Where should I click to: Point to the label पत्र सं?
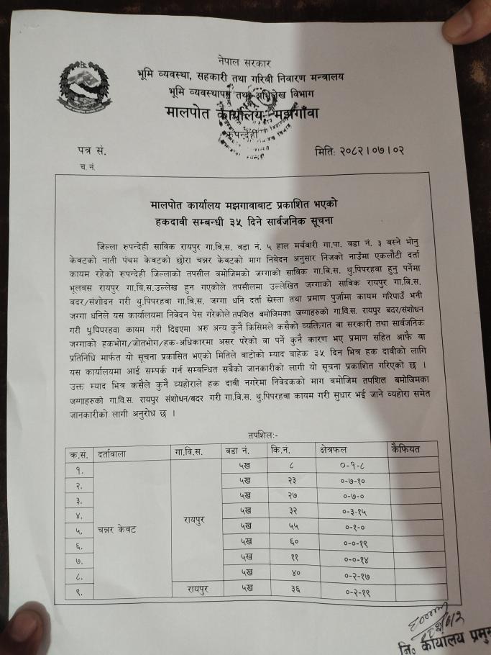click(x=91, y=152)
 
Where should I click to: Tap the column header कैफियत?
click(x=408, y=448)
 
